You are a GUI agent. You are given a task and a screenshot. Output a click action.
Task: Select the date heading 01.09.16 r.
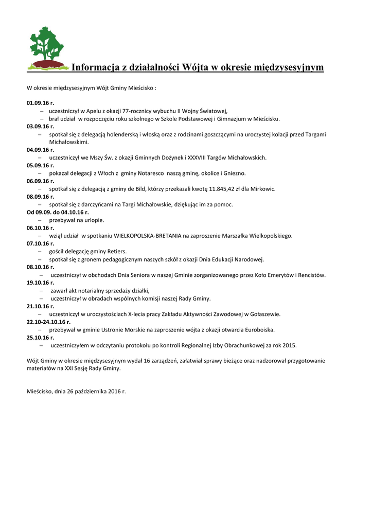click(x=40, y=103)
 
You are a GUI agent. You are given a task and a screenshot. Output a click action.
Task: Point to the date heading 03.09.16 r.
click(x=40, y=126)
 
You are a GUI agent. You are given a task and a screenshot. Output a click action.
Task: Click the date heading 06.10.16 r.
click(x=40, y=228)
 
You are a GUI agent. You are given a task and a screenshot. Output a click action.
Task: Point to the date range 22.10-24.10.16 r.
click(x=48, y=322)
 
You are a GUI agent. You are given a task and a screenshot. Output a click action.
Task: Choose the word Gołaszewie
click(x=264, y=314)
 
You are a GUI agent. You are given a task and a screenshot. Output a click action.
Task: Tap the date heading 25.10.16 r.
click(x=40, y=338)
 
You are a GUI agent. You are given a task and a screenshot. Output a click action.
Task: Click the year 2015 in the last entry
click(x=290, y=345)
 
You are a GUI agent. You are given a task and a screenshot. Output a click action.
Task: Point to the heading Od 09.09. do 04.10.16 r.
click(x=57, y=212)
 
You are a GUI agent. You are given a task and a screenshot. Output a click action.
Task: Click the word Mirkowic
click(x=262, y=189)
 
